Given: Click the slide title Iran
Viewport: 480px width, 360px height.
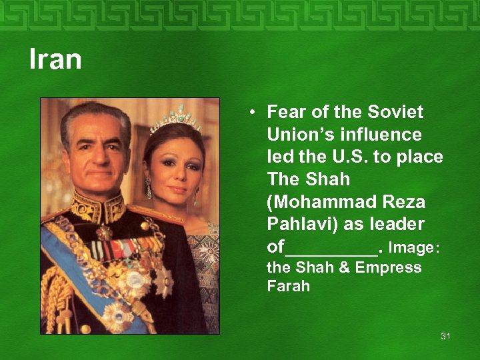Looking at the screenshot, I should click(55, 59).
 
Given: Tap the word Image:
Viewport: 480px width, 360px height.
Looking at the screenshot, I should click(413, 247).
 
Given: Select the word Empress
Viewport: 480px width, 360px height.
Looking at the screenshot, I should click(388, 267).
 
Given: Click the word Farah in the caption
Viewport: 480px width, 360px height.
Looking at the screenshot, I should click(288, 287).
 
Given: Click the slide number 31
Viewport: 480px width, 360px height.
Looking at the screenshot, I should click(445, 336).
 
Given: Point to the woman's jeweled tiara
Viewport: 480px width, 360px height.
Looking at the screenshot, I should click(175, 120).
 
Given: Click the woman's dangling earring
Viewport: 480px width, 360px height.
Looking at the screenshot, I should click(149, 189).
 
